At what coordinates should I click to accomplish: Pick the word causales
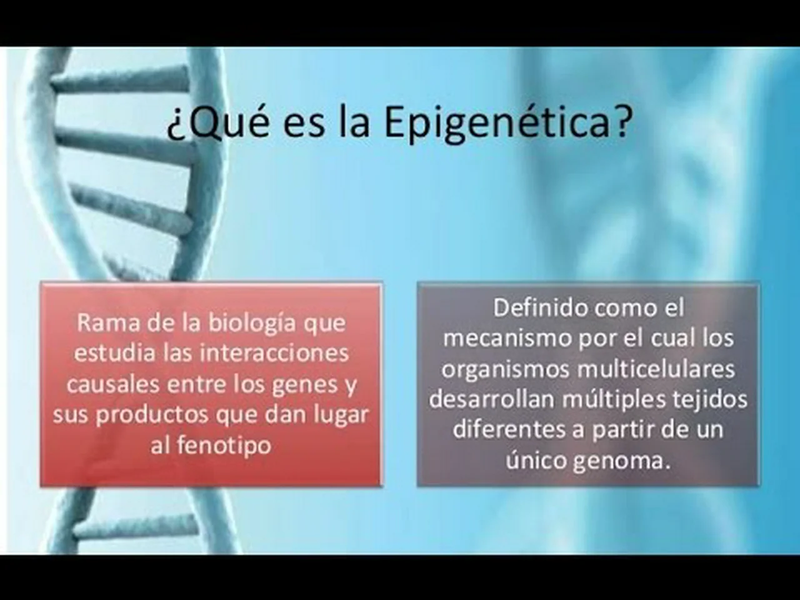(x=113, y=384)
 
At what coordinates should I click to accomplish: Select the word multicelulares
(x=656, y=369)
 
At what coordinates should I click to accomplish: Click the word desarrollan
(x=491, y=400)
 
